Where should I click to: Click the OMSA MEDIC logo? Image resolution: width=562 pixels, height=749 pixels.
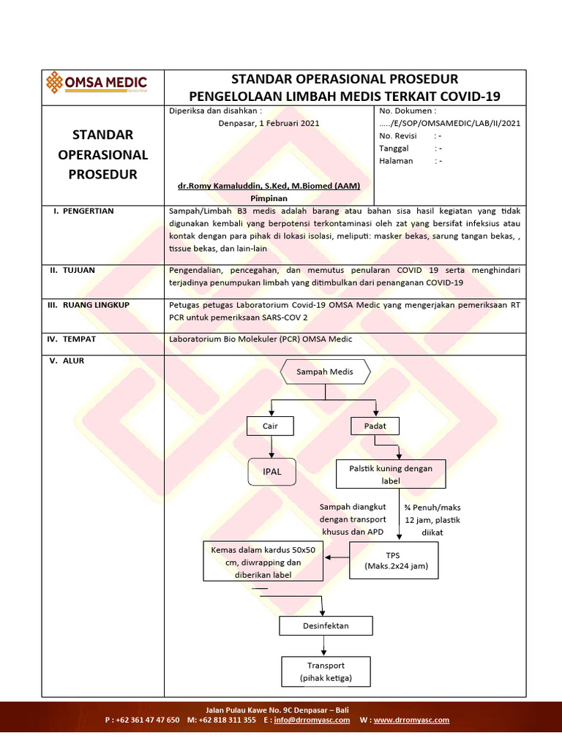point(97,83)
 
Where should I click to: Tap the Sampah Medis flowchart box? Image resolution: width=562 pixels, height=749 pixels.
point(324,372)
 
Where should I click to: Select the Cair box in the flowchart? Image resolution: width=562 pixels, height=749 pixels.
point(272,426)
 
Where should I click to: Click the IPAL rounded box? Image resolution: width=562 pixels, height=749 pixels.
point(272,472)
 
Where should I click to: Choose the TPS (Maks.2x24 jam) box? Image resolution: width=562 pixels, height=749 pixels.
point(395,560)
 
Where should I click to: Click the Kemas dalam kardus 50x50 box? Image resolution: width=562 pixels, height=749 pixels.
point(263,561)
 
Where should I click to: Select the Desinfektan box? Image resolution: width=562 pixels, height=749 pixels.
point(326,626)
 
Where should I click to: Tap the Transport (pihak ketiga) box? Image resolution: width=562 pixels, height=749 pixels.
point(326,671)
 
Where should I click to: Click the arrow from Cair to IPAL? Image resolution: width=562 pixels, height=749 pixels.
point(272,447)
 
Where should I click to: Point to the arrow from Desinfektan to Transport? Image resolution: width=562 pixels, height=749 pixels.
point(326,646)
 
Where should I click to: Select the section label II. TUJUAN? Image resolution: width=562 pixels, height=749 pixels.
point(72,270)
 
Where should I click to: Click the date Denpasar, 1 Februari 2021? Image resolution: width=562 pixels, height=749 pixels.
point(269,123)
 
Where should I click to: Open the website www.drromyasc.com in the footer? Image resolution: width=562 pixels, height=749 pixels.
point(411,720)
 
